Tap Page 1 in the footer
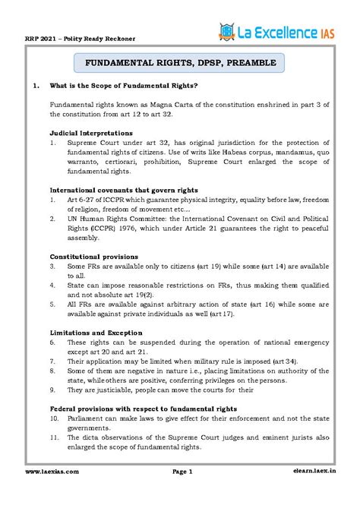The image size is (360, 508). pyautogui.click(x=183, y=493)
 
